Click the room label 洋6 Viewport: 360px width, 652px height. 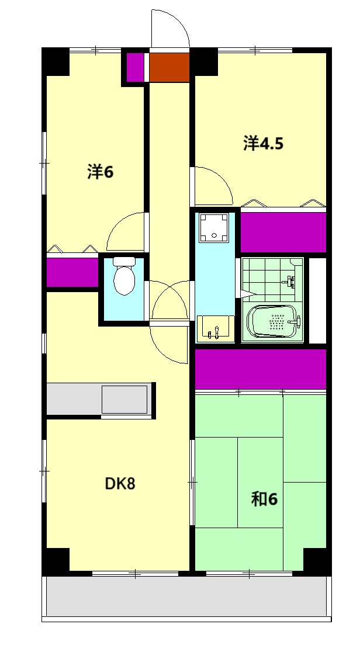point(100,172)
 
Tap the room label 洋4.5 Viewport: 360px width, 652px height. point(263,143)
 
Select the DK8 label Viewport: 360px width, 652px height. point(120,484)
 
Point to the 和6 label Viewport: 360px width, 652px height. point(264,499)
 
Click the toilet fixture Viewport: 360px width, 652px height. point(124,276)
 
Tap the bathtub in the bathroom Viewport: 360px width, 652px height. point(273,321)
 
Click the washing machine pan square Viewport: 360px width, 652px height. point(213,228)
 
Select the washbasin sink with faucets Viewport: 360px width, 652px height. point(215,328)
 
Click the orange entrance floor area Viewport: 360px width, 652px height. point(169,67)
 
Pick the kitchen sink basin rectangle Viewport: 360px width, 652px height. point(124,399)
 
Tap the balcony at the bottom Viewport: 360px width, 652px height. point(186,596)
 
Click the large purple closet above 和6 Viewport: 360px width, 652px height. point(261,369)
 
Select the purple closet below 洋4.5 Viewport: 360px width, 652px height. point(283,232)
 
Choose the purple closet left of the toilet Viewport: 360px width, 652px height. point(72,272)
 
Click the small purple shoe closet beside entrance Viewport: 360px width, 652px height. point(135,67)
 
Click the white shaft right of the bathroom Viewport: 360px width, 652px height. point(317,301)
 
